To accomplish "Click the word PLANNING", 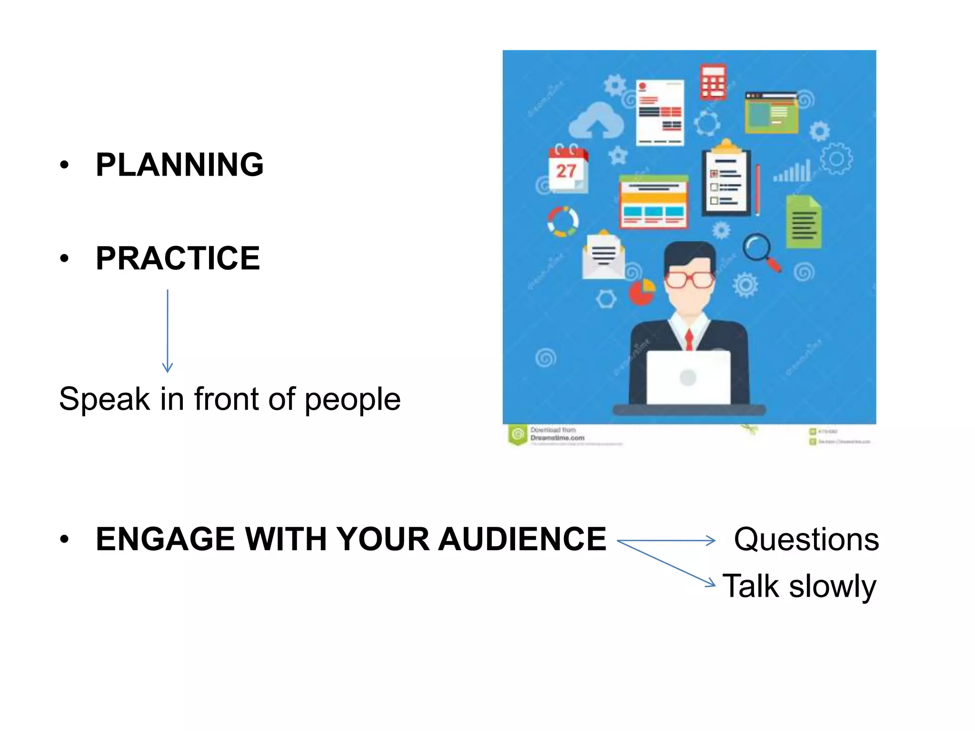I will (x=179, y=165).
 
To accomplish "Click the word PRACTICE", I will (x=178, y=258).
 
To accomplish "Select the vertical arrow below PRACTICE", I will (x=168, y=330).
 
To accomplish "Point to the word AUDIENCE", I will (x=522, y=539).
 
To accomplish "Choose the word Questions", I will (x=806, y=540).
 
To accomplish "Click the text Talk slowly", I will (x=799, y=586).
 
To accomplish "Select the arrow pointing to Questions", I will (x=667, y=541).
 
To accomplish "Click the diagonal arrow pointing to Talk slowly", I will (x=667, y=564).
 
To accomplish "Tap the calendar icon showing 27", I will (x=567, y=168).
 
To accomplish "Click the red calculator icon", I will (x=713, y=82).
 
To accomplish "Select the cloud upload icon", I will (x=596, y=121).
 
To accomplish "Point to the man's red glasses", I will (x=689, y=279).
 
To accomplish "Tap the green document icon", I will (x=803, y=222).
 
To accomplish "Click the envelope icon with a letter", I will (x=603, y=256).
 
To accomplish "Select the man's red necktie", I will (x=689, y=339).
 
